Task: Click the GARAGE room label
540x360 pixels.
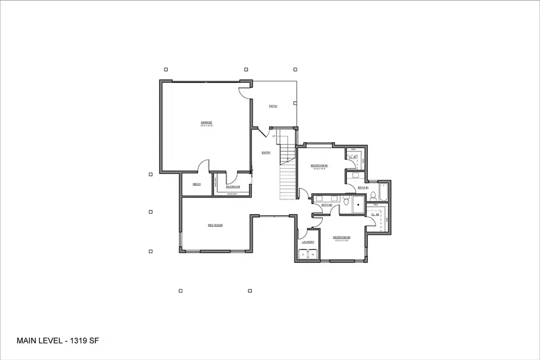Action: click(206, 122)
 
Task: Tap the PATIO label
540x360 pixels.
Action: click(273, 106)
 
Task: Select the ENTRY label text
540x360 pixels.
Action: click(266, 152)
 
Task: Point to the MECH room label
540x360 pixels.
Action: click(196, 184)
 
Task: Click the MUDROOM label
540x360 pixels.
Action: click(233, 187)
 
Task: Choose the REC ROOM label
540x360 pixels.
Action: click(215, 225)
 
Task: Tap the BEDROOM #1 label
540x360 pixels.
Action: click(319, 165)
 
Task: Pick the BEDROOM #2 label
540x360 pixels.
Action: click(341, 238)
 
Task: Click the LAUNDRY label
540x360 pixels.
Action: click(308, 242)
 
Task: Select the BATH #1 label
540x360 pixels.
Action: click(363, 188)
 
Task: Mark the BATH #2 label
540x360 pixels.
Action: click(326, 205)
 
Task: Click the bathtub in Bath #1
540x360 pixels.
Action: click(385, 193)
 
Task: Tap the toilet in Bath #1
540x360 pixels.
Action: click(373, 196)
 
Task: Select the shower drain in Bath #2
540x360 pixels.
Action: click(358, 205)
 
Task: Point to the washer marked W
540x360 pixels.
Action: click(313, 255)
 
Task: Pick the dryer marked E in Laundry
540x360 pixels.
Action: click(304, 255)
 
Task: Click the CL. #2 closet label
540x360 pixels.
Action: click(376, 214)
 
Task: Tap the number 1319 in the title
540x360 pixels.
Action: click(74, 341)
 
